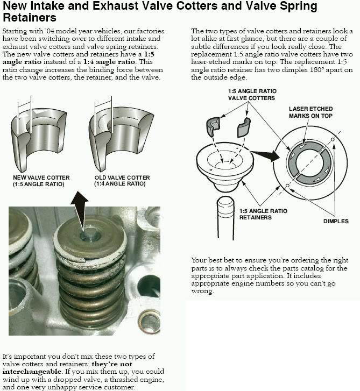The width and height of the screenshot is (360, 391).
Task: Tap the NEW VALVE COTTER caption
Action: pos(39,180)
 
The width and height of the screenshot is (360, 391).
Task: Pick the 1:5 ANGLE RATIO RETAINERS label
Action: pos(262,214)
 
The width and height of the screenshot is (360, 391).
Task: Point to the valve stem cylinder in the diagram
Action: pos(225,215)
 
